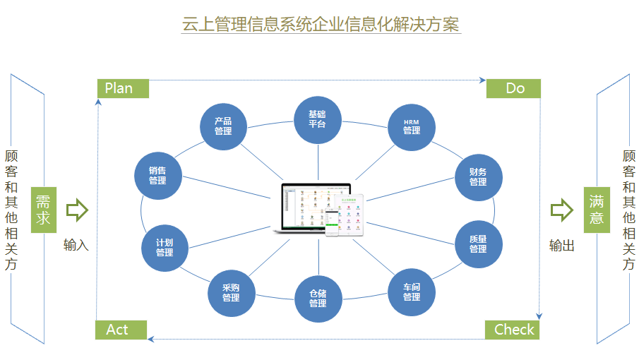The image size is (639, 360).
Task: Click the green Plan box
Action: [123, 88]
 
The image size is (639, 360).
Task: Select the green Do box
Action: [513, 88]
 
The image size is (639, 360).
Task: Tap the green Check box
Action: [512, 330]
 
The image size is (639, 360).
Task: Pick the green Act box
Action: [121, 330]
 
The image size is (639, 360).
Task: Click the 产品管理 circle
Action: [223, 126]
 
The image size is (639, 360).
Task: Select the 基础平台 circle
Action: [317, 119]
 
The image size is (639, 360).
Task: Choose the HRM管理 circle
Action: [411, 126]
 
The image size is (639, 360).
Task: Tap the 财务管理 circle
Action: [478, 176]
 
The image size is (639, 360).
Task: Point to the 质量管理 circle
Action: [478, 244]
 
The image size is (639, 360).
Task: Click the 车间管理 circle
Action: [412, 292]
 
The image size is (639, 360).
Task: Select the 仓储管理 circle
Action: [317, 298]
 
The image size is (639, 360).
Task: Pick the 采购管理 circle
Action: [231, 292]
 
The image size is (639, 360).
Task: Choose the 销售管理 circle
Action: [157, 176]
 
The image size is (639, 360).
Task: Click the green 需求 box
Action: [43, 210]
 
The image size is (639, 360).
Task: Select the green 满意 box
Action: [597, 210]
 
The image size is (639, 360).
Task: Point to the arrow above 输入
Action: [76, 210]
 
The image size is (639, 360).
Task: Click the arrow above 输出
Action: [562, 210]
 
